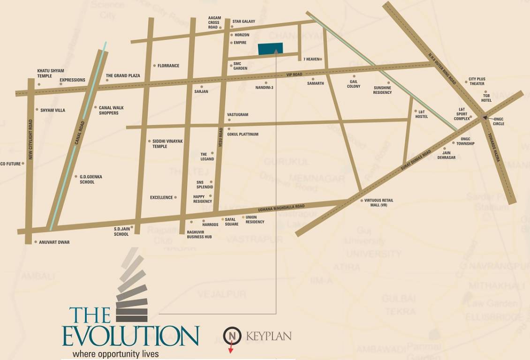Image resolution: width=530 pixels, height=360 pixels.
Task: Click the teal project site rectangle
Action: point(271,49)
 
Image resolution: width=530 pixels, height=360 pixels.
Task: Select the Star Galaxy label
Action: point(244,22)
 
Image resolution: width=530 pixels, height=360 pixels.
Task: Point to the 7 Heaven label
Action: point(311,60)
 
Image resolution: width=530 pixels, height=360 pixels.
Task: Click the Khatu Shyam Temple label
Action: point(51,73)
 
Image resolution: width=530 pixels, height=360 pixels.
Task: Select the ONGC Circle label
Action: point(499,121)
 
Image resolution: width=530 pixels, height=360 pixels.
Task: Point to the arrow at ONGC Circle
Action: point(487,119)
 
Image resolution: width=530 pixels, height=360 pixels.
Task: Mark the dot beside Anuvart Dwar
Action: point(35,242)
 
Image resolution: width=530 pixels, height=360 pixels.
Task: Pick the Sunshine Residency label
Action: point(382,90)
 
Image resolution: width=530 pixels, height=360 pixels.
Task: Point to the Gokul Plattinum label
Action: point(242,135)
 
